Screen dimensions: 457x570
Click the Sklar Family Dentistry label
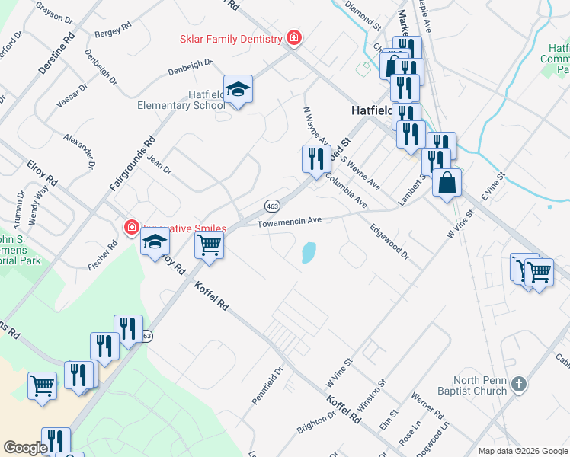pos(231,38)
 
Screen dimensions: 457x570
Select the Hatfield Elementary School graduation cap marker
pos(238,89)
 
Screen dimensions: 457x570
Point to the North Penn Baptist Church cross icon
pos(518,383)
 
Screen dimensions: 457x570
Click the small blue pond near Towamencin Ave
pos(309,252)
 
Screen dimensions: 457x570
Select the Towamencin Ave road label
pos(290,222)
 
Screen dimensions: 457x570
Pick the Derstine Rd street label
pos(56,53)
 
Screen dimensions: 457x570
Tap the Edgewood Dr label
pos(389,243)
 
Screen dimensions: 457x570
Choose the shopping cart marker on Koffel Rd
pos(209,246)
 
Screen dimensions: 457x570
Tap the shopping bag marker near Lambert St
pos(447,182)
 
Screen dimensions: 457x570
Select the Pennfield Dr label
pos(267,385)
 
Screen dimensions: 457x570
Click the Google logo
pos(25,447)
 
